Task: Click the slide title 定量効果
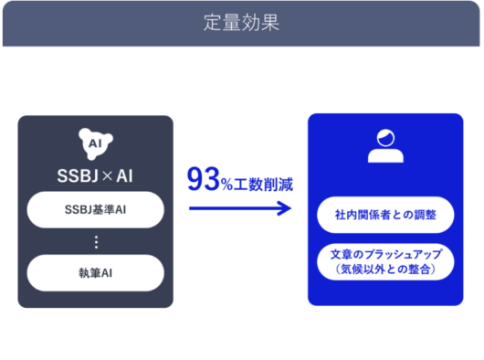[242, 23]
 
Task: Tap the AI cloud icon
[95, 143]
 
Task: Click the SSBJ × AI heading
[95, 175]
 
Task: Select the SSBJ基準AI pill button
[95, 210]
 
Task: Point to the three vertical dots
[95, 242]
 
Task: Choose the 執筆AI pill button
[95, 272]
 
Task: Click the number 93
[203, 180]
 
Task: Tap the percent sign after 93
[226, 184]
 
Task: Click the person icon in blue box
[385, 145]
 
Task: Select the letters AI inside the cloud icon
[94, 143]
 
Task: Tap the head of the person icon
[385, 137]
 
